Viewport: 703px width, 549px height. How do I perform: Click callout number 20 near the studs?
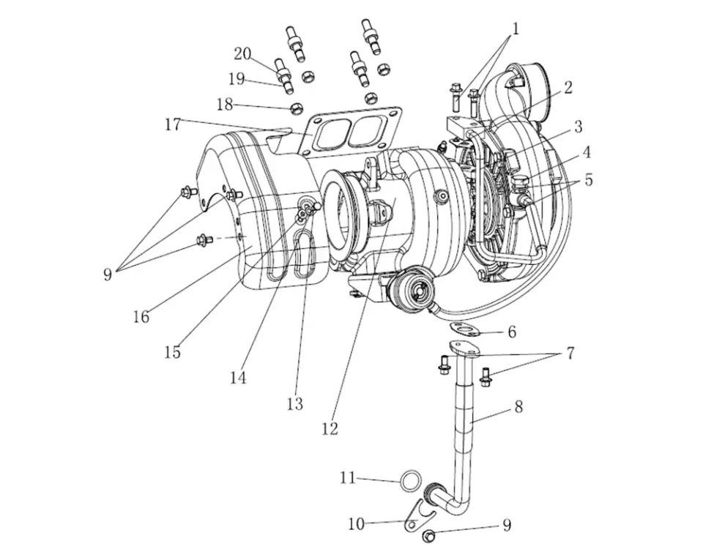(x=242, y=53)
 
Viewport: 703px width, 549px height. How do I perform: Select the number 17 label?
(x=173, y=124)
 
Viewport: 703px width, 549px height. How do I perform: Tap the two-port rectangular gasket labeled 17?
(x=351, y=132)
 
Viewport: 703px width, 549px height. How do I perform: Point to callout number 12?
(x=330, y=428)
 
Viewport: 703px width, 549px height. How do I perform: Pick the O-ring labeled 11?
(x=411, y=481)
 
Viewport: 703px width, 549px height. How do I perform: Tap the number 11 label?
(x=347, y=478)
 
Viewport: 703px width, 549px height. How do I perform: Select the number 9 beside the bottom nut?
(x=506, y=526)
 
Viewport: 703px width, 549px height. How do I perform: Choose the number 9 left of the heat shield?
(x=108, y=275)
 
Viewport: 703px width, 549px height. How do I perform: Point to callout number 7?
(x=569, y=354)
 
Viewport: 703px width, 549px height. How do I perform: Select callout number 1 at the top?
(x=515, y=29)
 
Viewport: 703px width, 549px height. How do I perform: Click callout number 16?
(x=141, y=316)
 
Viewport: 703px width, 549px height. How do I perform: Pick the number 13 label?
(x=294, y=403)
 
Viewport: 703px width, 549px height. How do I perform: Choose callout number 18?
(x=224, y=105)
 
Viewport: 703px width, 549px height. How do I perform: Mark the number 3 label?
(x=578, y=127)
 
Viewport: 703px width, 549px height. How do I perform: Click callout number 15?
(x=172, y=352)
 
